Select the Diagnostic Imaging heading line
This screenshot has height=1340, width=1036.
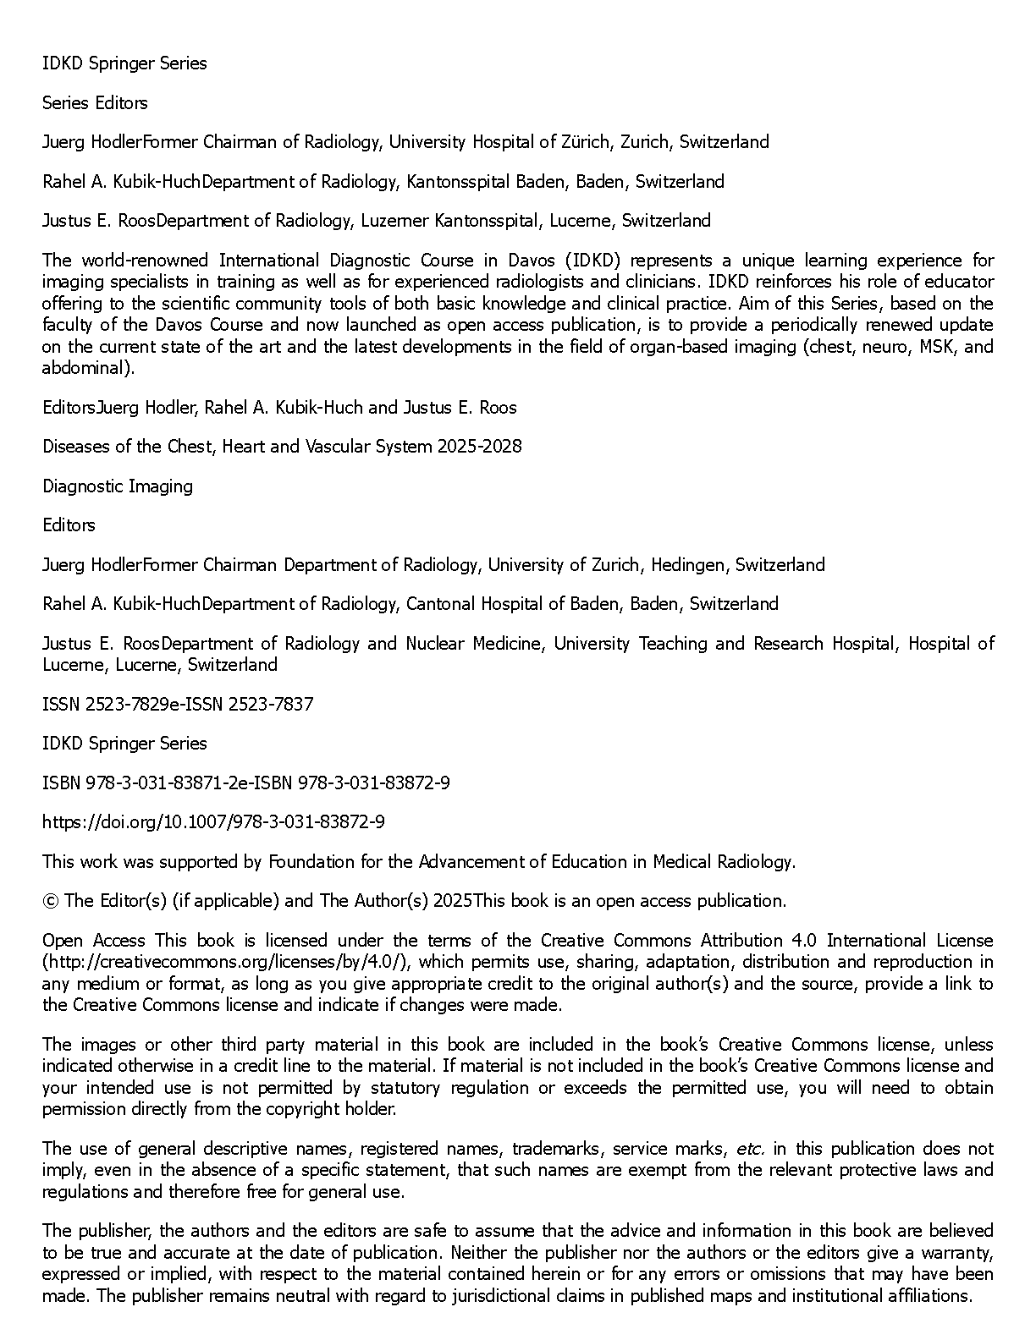(x=118, y=486)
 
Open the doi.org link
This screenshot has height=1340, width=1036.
(x=214, y=822)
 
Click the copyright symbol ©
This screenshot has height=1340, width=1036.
(x=50, y=901)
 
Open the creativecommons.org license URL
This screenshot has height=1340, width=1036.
(x=226, y=963)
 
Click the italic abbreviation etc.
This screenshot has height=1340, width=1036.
(x=751, y=1149)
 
